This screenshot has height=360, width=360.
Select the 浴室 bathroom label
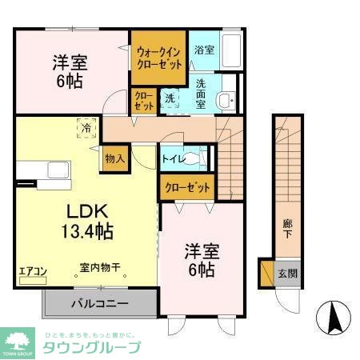click(x=204, y=50)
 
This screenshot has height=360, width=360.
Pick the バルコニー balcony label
click(x=97, y=304)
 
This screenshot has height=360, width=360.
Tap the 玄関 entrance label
click(x=286, y=273)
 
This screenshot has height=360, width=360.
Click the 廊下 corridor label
click(x=286, y=229)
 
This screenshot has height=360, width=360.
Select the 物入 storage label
click(x=115, y=158)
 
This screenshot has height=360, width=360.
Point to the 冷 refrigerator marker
click(x=84, y=126)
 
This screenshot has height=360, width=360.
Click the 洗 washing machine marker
click(x=170, y=98)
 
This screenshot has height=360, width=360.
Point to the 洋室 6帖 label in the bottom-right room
click(x=200, y=259)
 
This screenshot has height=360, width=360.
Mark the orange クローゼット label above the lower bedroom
click(x=188, y=187)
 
